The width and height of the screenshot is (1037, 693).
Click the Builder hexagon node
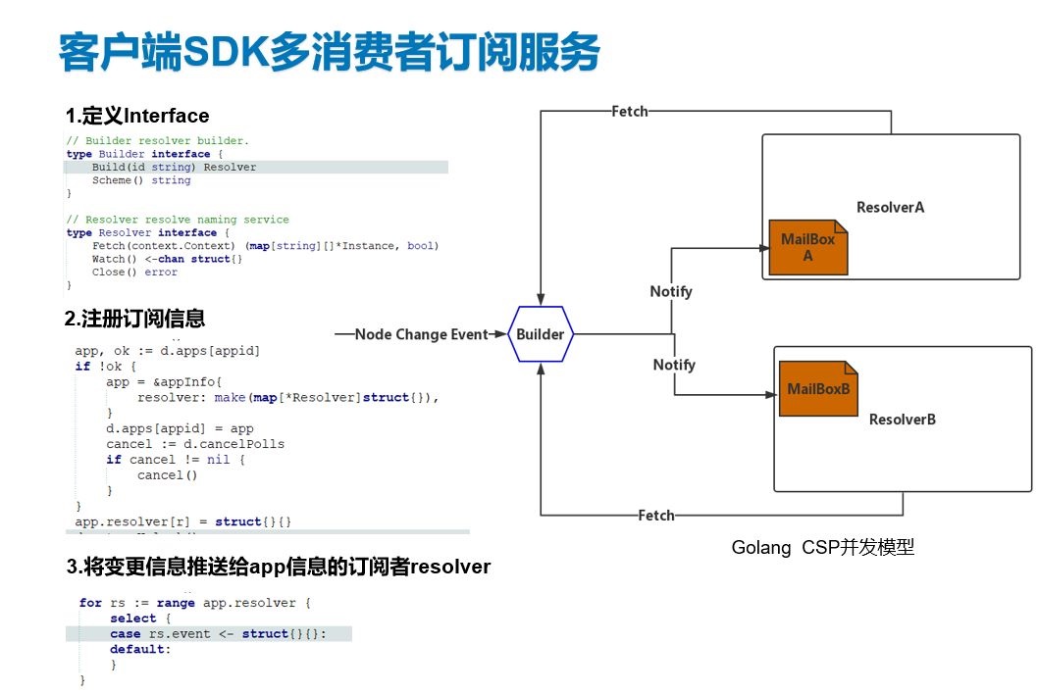click(541, 334)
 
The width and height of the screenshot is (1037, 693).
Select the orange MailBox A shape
click(807, 246)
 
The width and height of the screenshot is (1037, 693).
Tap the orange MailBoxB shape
click(818, 389)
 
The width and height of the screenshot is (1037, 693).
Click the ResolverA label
click(890, 208)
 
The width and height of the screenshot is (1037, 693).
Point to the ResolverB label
click(903, 420)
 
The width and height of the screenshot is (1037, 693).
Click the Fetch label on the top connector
click(629, 112)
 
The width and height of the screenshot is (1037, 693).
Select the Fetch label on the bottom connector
click(656, 515)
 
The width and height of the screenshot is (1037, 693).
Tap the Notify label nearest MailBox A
click(671, 291)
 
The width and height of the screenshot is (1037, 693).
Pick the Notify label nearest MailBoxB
click(674, 365)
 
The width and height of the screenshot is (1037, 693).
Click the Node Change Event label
click(421, 334)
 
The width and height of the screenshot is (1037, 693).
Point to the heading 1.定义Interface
click(137, 117)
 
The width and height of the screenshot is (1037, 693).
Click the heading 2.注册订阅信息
click(134, 319)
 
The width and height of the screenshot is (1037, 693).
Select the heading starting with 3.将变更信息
click(279, 567)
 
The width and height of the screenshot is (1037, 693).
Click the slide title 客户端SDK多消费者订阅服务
click(329, 53)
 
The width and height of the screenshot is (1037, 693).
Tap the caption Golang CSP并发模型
click(822, 548)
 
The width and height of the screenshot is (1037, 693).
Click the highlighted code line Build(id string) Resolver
click(174, 167)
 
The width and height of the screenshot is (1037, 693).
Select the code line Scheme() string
click(141, 180)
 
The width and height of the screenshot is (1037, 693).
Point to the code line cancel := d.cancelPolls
click(195, 444)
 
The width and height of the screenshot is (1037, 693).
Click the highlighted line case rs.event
click(217, 634)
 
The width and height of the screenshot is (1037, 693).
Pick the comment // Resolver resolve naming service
click(177, 220)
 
